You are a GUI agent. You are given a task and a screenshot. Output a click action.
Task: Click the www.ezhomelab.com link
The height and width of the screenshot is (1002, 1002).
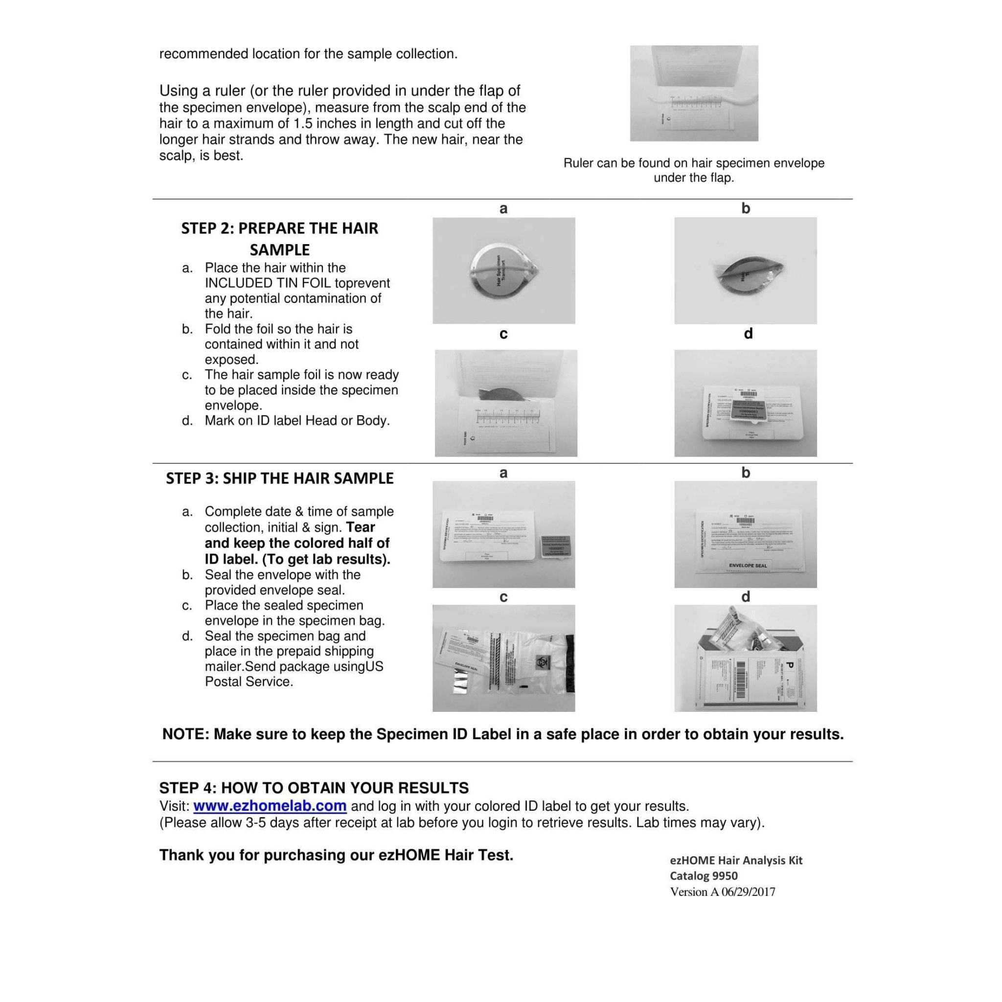click(270, 806)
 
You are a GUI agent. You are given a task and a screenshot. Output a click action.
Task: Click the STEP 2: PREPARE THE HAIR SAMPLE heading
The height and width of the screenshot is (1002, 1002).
click(279, 239)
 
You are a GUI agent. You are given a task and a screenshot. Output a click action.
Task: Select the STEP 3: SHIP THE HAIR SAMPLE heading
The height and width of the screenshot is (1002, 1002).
click(279, 478)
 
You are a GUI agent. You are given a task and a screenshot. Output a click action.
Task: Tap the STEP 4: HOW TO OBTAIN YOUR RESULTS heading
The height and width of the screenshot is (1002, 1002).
click(314, 788)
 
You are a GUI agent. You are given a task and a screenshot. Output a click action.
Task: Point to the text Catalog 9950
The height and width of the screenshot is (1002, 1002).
click(703, 875)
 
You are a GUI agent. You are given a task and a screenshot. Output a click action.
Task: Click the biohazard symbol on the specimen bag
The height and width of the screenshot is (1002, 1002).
click(541, 662)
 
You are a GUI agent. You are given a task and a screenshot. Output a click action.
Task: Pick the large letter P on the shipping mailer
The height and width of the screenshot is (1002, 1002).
click(789, 665)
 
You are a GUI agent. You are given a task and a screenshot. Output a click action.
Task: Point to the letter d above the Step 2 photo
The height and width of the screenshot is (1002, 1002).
click(748, 334)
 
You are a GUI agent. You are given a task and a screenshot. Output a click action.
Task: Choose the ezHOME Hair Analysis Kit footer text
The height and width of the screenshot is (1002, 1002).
click(736, 860)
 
